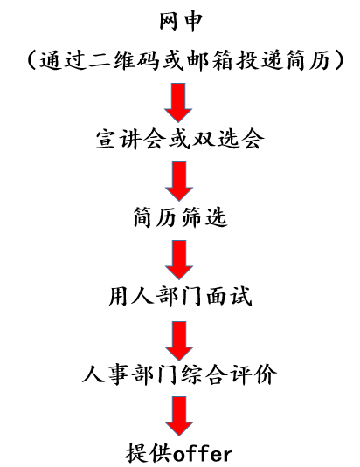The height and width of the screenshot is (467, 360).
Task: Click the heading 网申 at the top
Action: pyautogui.click(x=181, y=22)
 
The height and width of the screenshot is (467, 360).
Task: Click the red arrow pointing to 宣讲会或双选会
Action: pyautogui.click(x=178, y=102)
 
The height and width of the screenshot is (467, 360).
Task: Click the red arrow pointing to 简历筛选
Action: pyautogui.click(x=179, y=181)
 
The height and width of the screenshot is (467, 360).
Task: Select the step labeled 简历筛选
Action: pyautogui.click(x=180, y=217)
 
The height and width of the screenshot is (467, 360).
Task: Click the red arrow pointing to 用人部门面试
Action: pyautogui.click(x=179, y=260)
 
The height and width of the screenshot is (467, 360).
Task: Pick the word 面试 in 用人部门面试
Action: pyautogui.click(x=230, y=297)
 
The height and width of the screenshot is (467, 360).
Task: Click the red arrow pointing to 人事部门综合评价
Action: pyautogui.click(x=179, y=340)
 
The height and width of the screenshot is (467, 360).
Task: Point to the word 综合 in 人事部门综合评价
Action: pyautogui.click(x=202, y=374)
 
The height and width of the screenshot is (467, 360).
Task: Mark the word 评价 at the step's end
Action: pyautogui.click(x=253, y=374)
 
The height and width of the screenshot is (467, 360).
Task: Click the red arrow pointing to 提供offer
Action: pyautogui.click(x=179, y=416)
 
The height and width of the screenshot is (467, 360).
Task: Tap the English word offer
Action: pyautogui.click(x=203, y=454)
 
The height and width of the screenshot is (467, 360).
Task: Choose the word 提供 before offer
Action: pyautogui.click(x=149, y=453)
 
